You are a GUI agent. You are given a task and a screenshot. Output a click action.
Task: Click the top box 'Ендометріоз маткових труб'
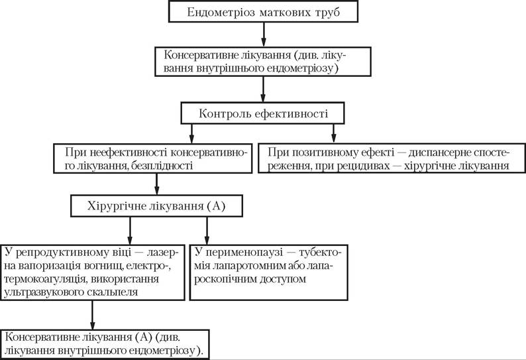pos(264,12)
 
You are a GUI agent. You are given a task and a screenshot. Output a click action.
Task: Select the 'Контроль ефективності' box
pos(262,113)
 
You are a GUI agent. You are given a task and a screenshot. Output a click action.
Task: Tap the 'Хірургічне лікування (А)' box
pos(156,206)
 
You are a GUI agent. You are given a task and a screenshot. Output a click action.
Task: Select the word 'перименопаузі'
pos(244,253)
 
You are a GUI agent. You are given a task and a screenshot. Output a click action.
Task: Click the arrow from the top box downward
pos(264,34)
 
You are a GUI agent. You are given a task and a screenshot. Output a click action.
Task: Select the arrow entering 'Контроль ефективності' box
pos(263,90)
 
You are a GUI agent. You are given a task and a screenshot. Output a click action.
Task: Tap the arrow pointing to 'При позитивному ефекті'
pos(333,134)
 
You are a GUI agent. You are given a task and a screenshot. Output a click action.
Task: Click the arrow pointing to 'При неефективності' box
pos(191,134)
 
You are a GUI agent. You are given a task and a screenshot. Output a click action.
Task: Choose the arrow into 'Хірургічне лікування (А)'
pos(156,184)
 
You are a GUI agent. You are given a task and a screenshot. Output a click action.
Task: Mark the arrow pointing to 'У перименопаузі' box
pos(207,231)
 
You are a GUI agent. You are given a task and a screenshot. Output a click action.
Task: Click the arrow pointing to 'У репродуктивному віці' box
pos(130,231)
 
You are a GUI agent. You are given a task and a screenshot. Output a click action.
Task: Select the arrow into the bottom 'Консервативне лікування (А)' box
pos(93,315)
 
